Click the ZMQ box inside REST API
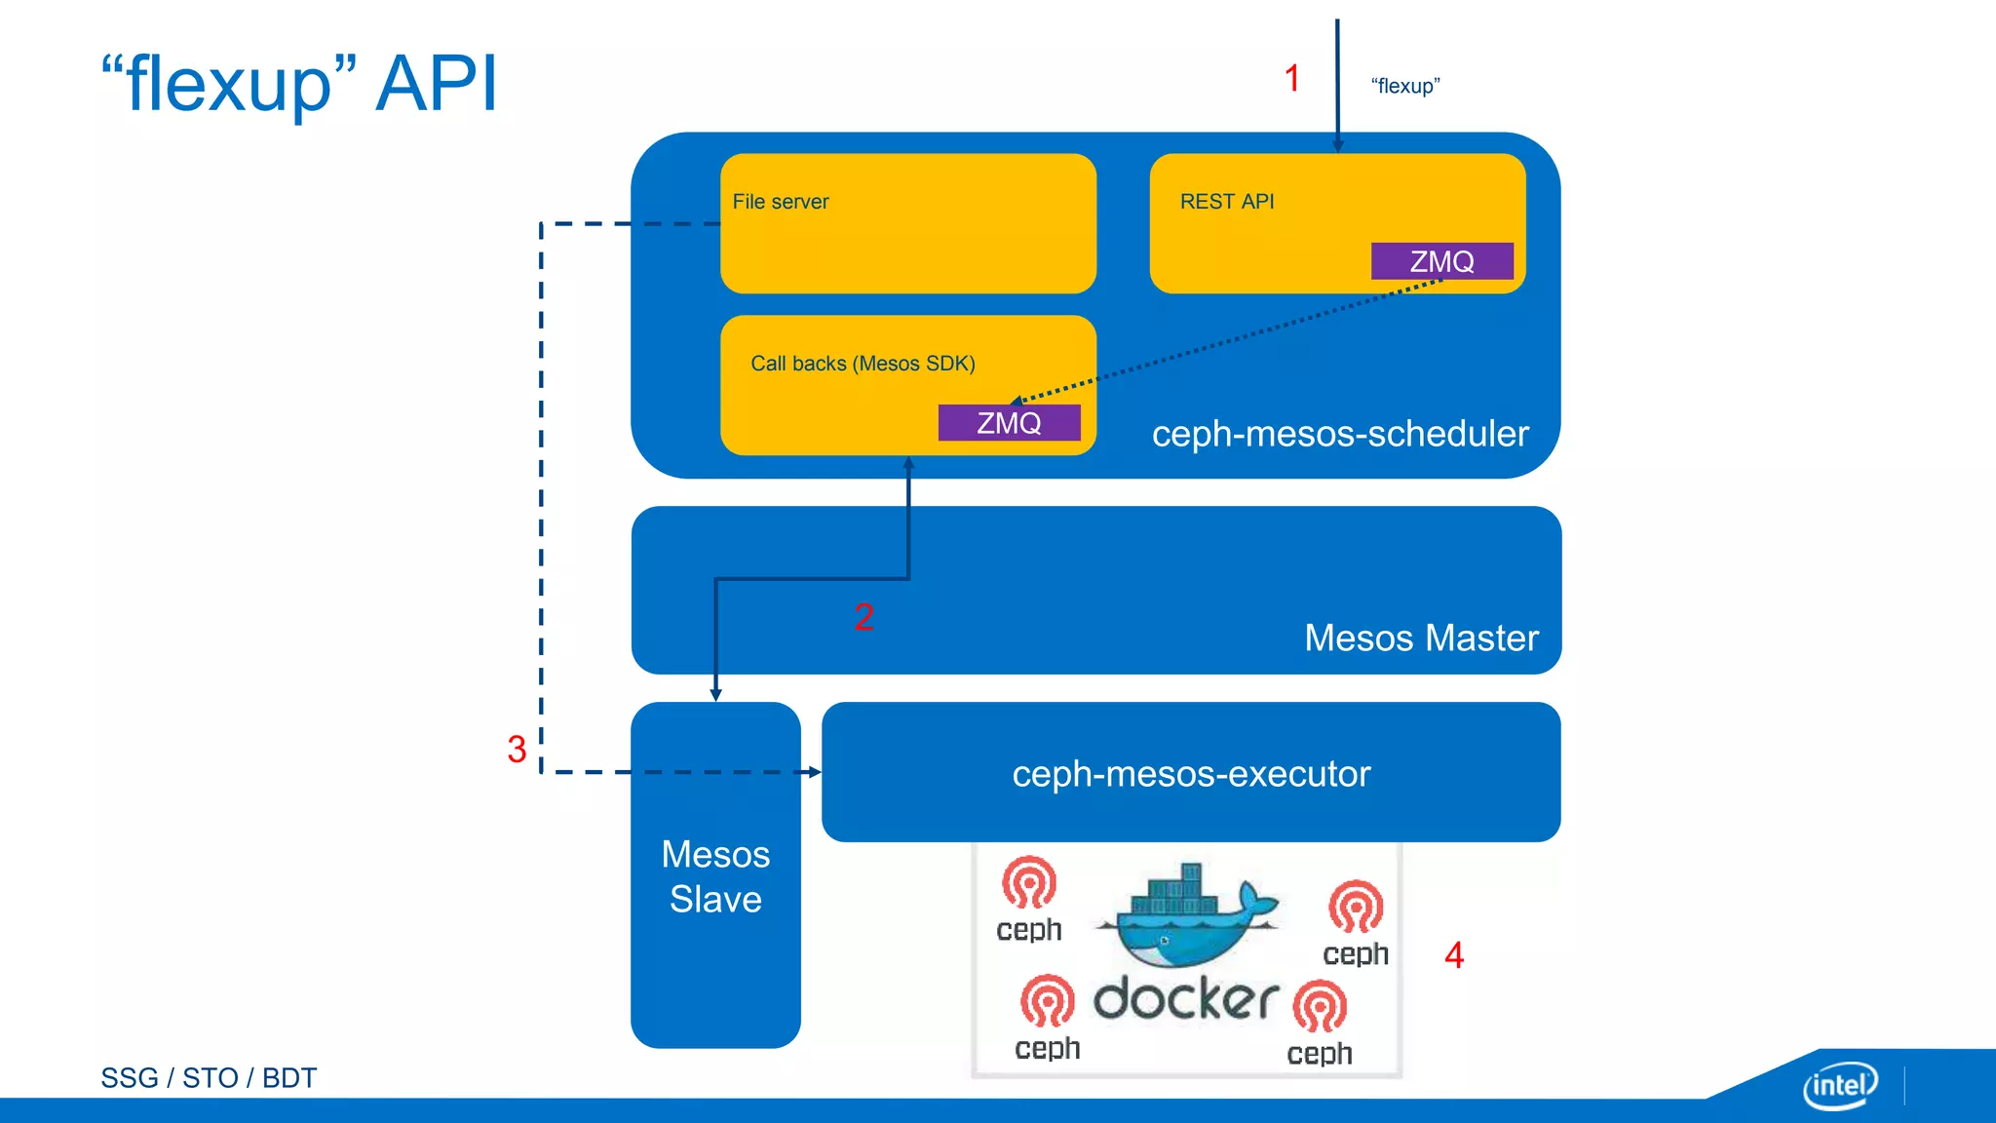(1441, 261)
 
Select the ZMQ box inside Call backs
(1009, 423)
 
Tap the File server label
(780, 202)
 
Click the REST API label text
(1226, 202)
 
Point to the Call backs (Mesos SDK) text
(863, 364)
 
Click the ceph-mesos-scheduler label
(1339, 434)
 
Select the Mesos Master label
(1420, 638)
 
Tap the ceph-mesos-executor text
(1190, 774)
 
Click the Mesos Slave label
(715, 876)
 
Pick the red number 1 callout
(1292, 78)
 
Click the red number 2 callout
(864, 617)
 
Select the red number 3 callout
(517, 750)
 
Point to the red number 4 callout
(1454, 955)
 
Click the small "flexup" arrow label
(1404, 86)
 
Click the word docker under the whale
(1185, 999)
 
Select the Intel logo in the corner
(1839, 1085)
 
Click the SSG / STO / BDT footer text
(209, 1078)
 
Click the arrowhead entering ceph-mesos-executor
(814, 772)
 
